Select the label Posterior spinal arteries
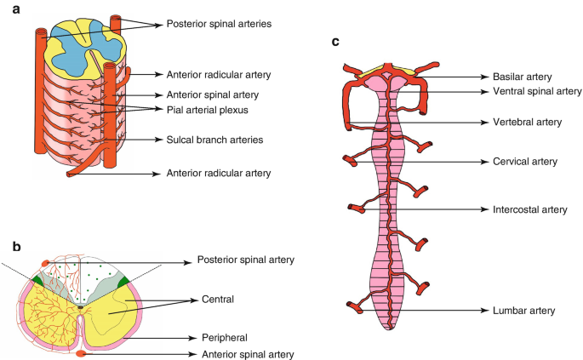click(x=219, y=25)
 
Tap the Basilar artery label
click(x=518, y=76)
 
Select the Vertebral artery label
click(x=527, y=122)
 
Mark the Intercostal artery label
click(x=529, y=209)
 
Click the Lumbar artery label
click(x=521, y=311)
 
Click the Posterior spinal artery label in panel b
click(x=244, y=260)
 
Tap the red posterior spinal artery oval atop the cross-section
click(x=46, y=261)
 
